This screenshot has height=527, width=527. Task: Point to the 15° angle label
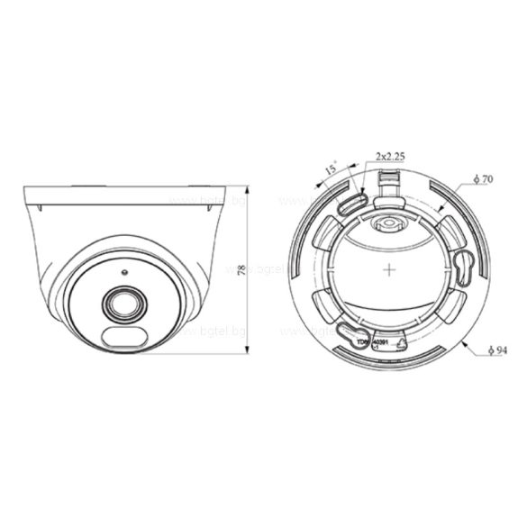pos(332,168)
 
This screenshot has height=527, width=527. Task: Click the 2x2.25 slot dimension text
pos(388,157)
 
